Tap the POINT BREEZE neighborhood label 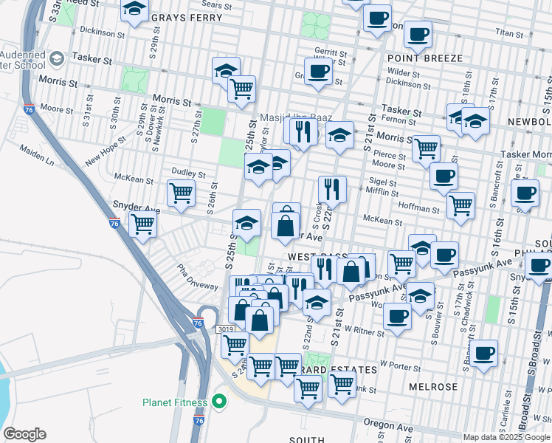424,58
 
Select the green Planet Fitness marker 218,402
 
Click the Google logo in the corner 24,434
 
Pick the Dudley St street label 188,172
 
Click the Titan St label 508,33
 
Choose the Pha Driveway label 196,275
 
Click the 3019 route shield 226,329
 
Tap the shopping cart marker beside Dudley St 181,193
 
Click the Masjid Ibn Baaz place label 295,118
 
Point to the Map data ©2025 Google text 506,437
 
